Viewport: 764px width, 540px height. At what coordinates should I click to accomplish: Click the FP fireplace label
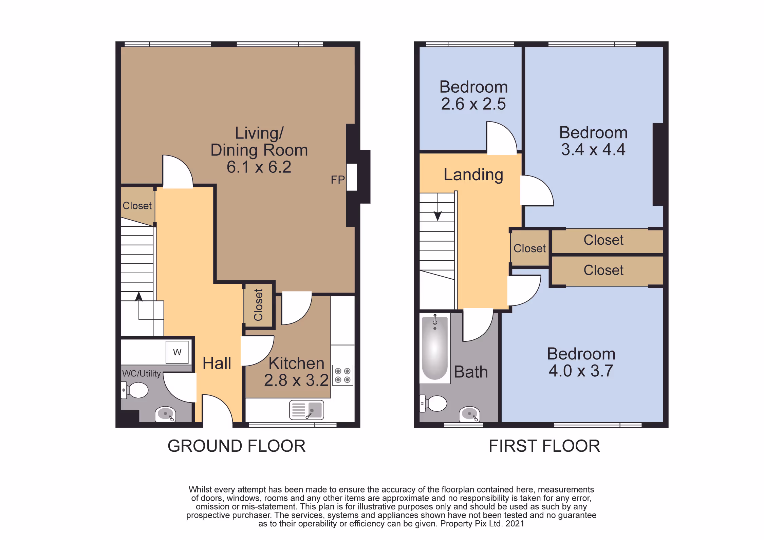pos(338,180)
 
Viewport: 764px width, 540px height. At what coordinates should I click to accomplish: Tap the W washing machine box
pos(177,352)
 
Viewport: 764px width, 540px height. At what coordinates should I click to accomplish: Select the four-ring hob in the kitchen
pos(343,375)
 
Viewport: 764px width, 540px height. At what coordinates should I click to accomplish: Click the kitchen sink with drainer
pos(306,410)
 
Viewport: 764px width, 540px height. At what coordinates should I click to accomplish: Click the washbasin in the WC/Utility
pos(165,414)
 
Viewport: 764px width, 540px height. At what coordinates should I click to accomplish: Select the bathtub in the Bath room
pos(435,348)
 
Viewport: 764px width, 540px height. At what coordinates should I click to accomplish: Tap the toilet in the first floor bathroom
pos(433,404)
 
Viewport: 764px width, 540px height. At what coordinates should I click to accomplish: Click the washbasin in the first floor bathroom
pos(469,414)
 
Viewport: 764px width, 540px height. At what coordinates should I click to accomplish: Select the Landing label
pos(473,175)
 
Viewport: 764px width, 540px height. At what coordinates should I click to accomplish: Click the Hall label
pos(217,363)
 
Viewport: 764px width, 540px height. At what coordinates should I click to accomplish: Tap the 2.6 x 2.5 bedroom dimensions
pos(473,104)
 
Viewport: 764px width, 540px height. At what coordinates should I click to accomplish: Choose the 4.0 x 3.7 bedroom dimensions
pos(581,371)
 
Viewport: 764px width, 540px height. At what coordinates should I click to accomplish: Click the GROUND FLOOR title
pos(237,446)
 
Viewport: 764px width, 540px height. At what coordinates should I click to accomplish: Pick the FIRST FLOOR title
pos(544,446)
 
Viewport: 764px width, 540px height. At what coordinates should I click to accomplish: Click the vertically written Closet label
pos(259,305)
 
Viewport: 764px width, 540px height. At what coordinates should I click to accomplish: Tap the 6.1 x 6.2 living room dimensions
pos(259,167)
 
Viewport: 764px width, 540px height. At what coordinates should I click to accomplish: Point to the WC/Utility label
pos(141,373)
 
